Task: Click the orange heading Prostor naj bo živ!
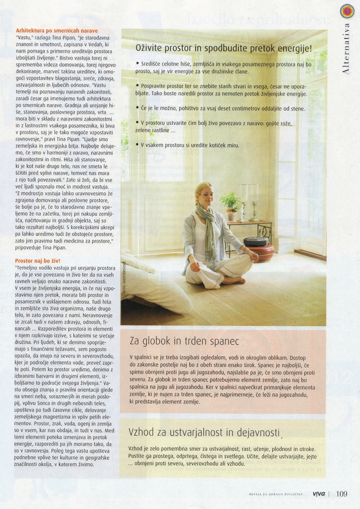tap(37, 261)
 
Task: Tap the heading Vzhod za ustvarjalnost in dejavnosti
tap(204, 432)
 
